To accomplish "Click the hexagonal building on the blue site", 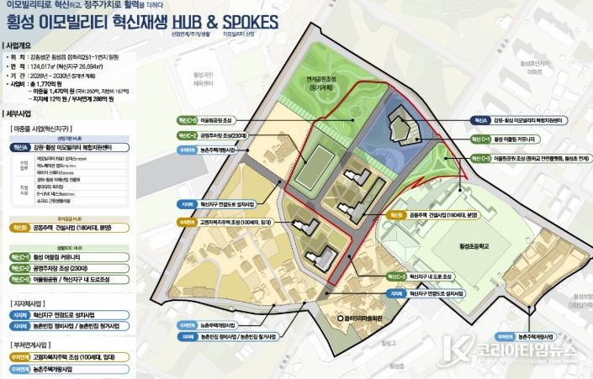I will point(402,127).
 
